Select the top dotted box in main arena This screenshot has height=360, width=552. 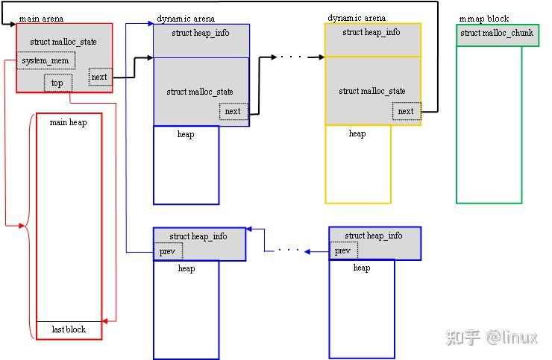(x=57, y=83)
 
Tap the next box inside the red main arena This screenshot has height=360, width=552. (x=99, y=77)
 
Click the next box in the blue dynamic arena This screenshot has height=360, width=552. (x=233, y=111)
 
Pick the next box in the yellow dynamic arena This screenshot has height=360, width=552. (x=405, y=111)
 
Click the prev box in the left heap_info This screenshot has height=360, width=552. (x=166, y=252)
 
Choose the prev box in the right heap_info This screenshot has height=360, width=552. (x=342, y=251)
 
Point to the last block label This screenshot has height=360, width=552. (x=69, y=329)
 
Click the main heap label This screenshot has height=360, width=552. (x=68, y=122)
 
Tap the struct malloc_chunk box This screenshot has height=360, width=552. (x=497, y=34)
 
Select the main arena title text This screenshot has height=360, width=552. (x=40, y=18)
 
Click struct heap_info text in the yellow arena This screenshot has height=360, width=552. (x=371, y=33)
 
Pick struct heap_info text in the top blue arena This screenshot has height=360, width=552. (x=201, y=34)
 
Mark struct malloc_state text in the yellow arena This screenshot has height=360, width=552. (x=372, y=91)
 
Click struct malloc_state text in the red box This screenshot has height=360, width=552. (x=63, y=42)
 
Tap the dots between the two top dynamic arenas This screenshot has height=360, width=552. (x=292, y=57)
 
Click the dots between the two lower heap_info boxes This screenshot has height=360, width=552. (x=288, y=250)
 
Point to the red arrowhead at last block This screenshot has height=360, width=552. (x=106, y=320)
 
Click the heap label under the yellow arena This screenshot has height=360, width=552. (x=357, y=134)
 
